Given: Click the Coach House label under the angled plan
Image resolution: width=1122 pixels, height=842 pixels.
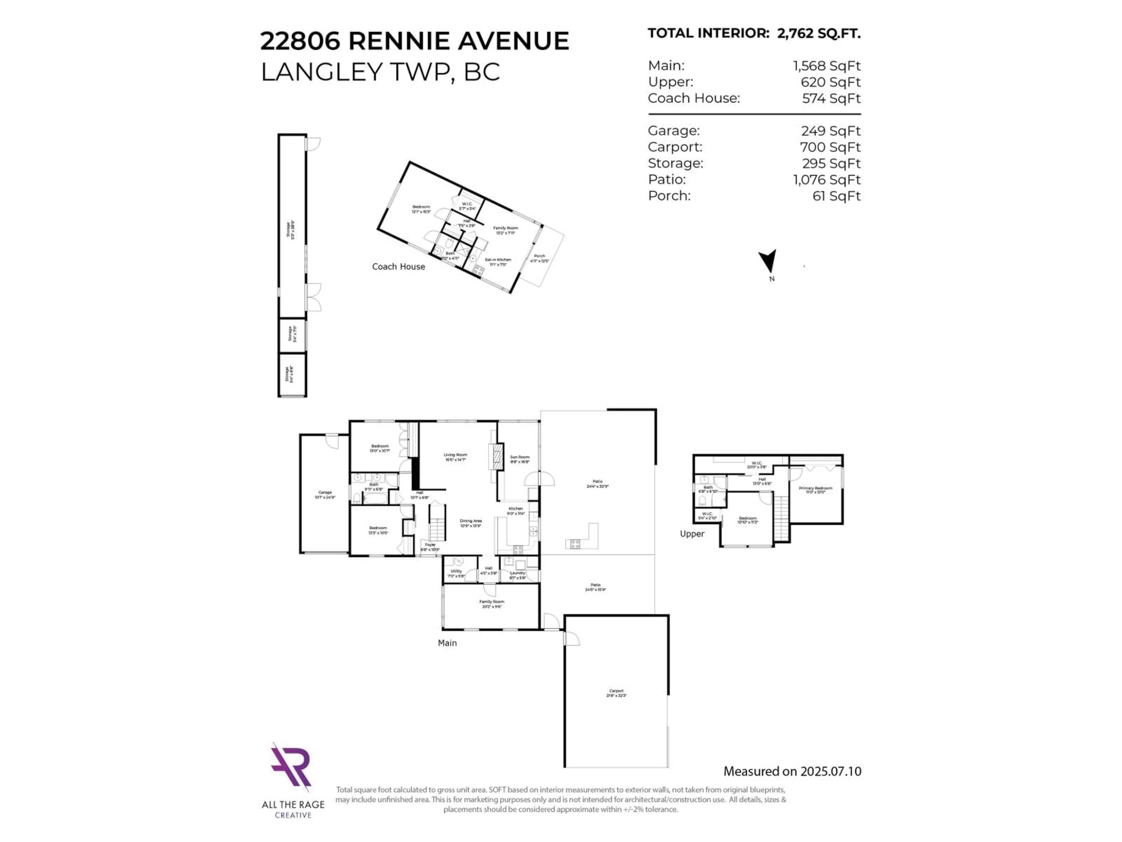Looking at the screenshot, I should [x=398, y=266].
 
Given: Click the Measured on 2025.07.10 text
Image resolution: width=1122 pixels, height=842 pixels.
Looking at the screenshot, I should [x=792, y=772].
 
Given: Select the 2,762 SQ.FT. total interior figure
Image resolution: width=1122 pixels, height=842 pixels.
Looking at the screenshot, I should [x=819, y=34].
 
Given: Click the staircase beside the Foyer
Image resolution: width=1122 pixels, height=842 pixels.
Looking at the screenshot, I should [x=437, y=523].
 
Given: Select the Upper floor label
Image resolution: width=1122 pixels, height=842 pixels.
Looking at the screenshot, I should [x=692, y=534].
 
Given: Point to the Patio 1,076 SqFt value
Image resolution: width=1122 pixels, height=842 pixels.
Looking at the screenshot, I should [x=827, y=180].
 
